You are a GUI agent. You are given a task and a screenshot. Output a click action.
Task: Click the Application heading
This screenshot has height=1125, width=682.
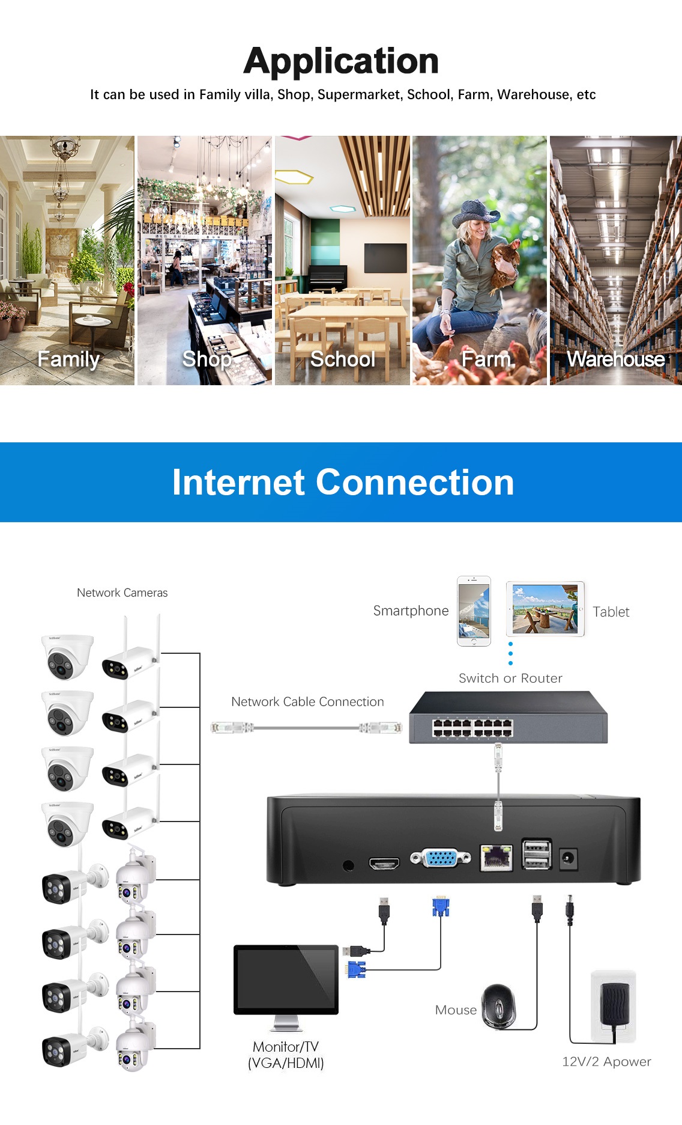point(341,61)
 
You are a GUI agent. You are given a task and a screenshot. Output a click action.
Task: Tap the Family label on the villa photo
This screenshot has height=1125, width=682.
point(68,359)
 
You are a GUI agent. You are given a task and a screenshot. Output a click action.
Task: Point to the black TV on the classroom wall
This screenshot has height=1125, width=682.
point(385,258)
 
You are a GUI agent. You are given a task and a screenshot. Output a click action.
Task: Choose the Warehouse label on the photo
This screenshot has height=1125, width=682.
point(616,359)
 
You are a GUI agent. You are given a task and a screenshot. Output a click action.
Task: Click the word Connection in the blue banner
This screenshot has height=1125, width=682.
point(415,483)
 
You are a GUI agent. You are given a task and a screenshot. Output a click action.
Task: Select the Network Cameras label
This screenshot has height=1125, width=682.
point(122,593)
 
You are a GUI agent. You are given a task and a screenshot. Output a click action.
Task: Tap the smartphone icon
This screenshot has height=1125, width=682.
point(474,611)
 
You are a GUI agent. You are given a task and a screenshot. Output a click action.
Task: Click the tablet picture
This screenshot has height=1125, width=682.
point(545,609)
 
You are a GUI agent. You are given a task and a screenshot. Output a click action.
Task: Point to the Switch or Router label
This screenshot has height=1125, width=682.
point(510,678)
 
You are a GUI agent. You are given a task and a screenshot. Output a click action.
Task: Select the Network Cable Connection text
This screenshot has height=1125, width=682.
point(307,702)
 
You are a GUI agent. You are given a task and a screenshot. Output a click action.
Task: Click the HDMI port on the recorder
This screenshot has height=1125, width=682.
point(384,864)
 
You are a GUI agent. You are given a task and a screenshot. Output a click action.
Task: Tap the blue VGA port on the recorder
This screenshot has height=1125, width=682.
point(441,858)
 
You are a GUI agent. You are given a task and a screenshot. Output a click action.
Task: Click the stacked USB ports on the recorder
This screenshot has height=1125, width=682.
point(537,854)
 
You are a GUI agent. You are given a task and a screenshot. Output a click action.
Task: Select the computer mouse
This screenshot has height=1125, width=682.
point(498,1005)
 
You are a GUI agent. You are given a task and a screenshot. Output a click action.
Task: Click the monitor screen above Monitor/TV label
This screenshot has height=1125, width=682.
point(286,978)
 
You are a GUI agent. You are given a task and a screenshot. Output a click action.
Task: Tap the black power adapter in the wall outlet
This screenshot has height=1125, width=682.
point(614,1004)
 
